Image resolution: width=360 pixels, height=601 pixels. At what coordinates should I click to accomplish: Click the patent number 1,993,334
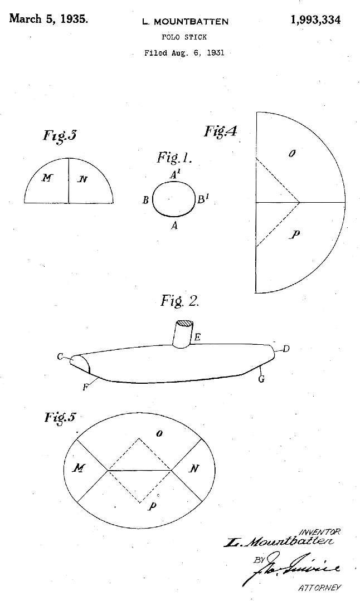(315, 20)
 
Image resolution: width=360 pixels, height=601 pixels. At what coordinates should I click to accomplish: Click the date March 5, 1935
(48, 19)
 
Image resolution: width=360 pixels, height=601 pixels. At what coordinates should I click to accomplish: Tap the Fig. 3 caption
(60, 136)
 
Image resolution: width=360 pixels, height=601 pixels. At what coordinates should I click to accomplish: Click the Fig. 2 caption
(179, 301)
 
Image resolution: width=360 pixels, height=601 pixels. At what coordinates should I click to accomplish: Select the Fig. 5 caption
(60, 417)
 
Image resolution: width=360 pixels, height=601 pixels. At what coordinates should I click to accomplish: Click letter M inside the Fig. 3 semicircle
(48, 178)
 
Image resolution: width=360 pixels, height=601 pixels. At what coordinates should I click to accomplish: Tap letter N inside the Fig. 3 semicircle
(82, 179)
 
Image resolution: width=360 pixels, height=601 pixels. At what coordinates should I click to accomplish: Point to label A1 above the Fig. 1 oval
(175, 174)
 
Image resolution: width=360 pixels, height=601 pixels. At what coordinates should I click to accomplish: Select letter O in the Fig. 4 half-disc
(291, 153)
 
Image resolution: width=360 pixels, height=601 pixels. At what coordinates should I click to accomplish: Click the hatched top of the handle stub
(183, 324)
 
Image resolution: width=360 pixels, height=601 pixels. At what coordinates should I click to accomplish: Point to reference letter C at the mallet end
(60, 356)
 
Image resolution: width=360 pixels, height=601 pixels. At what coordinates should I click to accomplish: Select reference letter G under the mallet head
(261, 379)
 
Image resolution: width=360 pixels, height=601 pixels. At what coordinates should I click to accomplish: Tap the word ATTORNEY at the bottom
(320, 588)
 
